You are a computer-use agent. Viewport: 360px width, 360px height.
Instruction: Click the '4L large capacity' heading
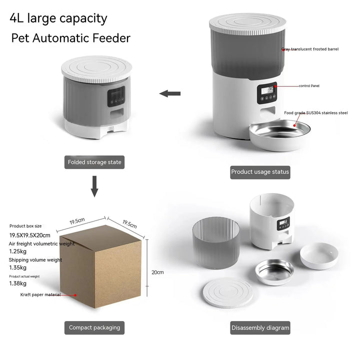[x=58, y=18]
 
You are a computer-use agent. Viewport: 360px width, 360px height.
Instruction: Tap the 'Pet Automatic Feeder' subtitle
[x=70, y=38]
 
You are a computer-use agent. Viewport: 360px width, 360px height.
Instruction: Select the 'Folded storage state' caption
[x=94, y=162]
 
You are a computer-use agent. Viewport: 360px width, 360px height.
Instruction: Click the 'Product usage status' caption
[x=260, y=171]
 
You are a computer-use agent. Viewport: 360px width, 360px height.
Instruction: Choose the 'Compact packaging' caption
[x=94, y=327]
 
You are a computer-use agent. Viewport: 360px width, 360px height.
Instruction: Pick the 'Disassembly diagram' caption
[x=260, y=328]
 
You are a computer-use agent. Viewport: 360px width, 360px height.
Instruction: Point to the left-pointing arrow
[x=169, y=93]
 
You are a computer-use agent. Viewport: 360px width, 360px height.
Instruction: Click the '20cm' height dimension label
[x=157, y=272]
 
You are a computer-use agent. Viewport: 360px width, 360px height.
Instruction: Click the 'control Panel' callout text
[x=309, y=86]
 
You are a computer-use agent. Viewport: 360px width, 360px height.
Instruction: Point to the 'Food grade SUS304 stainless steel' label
[x=315, y=113]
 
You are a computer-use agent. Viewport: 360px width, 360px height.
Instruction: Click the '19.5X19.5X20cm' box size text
[x=30, y=235]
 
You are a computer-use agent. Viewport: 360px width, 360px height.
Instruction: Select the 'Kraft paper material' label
[x=40, y=294]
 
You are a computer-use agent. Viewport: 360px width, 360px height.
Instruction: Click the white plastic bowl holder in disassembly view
[x=319, y=255]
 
